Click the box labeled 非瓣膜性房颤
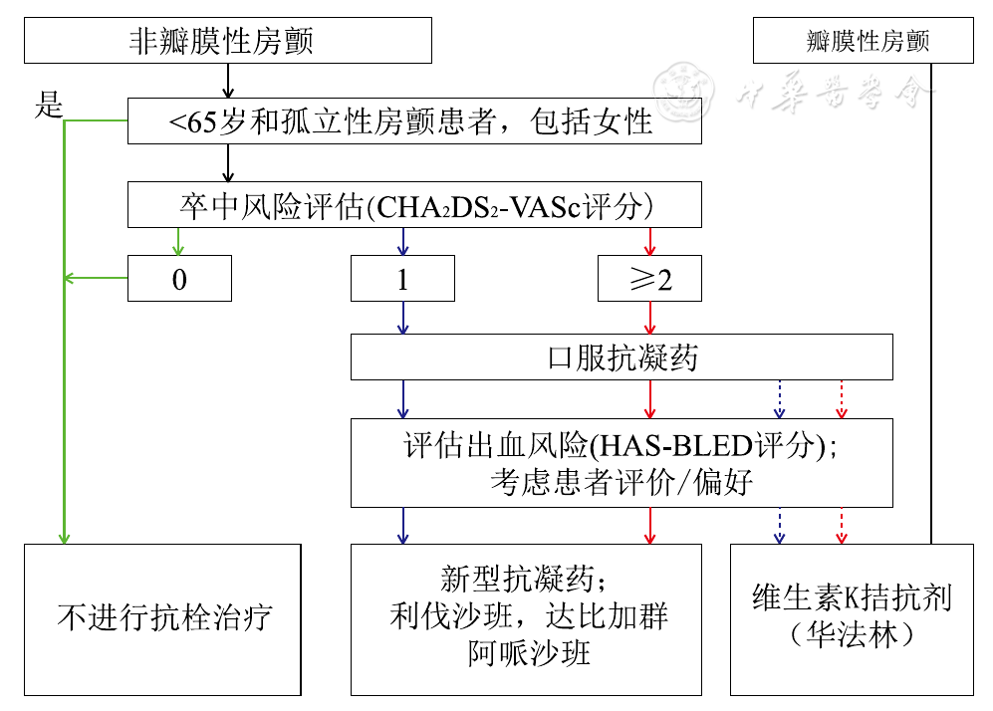tap(228, 41)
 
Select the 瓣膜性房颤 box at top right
tap(863, 42)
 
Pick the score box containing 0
tap(179, 279)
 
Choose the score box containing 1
tap(402, 279)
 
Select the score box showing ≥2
tap(649, 279)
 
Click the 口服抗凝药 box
tap(621, 357)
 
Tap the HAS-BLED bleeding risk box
tap(621, 462)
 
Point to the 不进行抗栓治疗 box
tap(162, 618)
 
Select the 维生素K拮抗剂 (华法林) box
tap(852, 618)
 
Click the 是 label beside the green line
tap(49, 105)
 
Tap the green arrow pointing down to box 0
tap(179, 241)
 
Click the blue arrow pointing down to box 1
tap(402, 241)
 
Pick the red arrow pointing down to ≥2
tap(649, 241)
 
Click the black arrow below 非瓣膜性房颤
tap(229, 81)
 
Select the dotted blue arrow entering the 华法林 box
tap(779, 526)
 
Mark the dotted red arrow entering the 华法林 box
tap(842, 526)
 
